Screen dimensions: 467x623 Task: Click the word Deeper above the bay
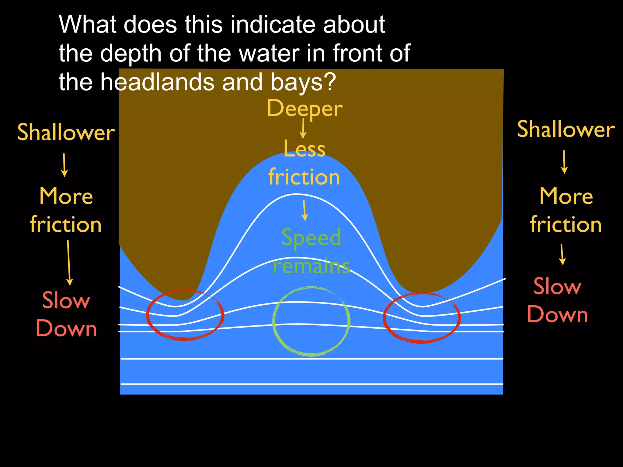click(305, 109)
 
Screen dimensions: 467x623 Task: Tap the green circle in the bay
click(311, 321)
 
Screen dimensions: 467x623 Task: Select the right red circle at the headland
click(422, 318)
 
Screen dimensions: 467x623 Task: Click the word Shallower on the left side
click(66, 133)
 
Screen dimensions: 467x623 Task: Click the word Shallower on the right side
click(566, 130)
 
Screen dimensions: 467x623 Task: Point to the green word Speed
click(311, 237)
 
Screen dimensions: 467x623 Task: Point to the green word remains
click(311, 266)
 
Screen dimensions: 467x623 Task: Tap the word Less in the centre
click(305, 149)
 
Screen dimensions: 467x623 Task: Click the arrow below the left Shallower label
click(64, 165)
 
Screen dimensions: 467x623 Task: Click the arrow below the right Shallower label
click(564, 162)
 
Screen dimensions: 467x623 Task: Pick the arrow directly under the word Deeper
click(303, 128)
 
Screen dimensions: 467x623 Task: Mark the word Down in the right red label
click(557, 314)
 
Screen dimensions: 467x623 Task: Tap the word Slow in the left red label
click(66, 300)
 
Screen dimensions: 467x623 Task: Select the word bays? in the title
click(303, 82)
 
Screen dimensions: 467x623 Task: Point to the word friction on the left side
click(66, 224)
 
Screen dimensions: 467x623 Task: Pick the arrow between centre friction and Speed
click(304, 210)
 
